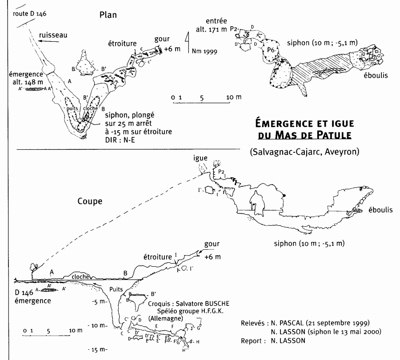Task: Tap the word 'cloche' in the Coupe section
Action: (80, 276)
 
